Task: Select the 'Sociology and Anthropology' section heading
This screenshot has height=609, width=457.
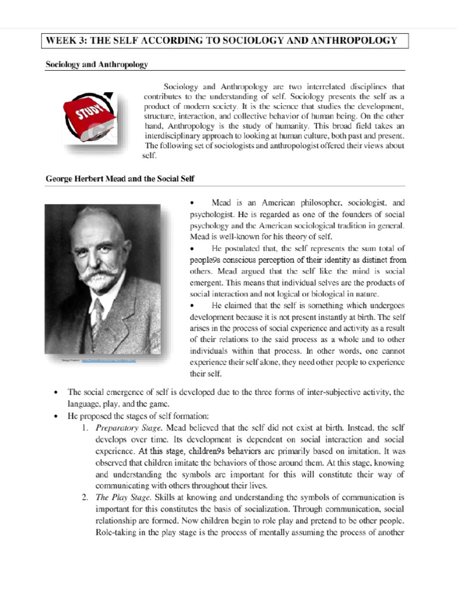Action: point(96,64)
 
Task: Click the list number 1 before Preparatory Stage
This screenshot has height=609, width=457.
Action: point(85,428)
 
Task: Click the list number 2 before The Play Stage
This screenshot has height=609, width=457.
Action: point(85,497)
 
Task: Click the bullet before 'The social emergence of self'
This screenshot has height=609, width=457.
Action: point(56,393)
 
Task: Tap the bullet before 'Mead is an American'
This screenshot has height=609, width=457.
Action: point(192,203)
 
